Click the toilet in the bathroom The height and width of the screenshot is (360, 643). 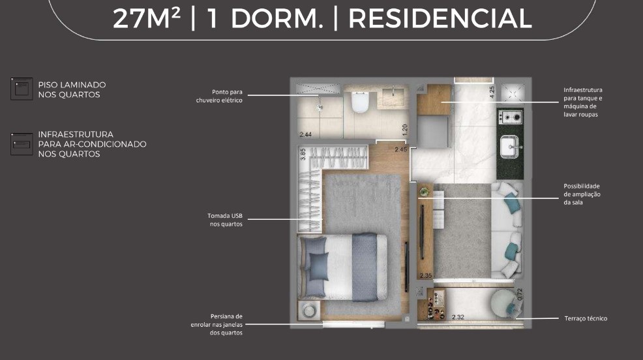coord(361,102)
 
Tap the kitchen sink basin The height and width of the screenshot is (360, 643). coord(510,147)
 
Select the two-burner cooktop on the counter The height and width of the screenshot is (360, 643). coord(511,117)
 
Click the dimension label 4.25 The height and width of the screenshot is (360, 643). coord(492,92)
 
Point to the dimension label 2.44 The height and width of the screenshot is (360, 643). coord(305,134)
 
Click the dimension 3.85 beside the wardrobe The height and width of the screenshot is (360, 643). coord(303,154)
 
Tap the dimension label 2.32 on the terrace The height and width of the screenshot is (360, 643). coord(458,317)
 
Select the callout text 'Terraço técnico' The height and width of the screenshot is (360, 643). coord(586,318)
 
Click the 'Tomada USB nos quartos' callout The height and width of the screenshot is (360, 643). coord(225,220)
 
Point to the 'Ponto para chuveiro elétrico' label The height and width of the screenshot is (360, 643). coord(219,96)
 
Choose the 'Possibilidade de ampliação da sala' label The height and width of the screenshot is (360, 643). coord(582,194)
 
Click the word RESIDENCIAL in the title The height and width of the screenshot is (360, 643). coord(440,18)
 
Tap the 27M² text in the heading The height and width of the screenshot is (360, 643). coord(147,18)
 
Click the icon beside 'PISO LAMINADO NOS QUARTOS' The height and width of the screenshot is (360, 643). coord(22,89)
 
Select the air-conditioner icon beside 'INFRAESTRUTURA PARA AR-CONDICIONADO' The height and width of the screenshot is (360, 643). coord(22,144)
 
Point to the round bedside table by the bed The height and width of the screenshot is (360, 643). coord(309,310)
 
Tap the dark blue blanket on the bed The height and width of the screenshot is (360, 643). coord(365,267)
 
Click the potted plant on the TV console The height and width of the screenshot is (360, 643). coord(425,191)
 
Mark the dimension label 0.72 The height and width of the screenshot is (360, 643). coord(520,294)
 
